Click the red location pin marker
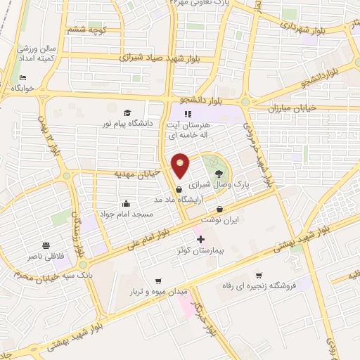[181, 165]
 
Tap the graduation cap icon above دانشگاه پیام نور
[127, 113]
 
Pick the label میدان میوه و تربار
[159, 290]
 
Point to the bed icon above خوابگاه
[23, 77]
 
